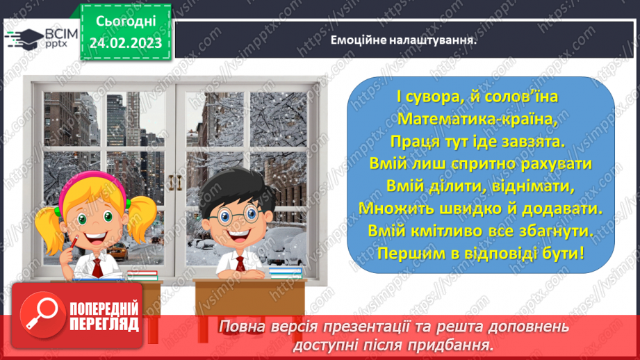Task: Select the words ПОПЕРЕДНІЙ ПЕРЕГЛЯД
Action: [x=104, y=316]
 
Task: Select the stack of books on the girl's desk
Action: [x=142, y=275]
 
